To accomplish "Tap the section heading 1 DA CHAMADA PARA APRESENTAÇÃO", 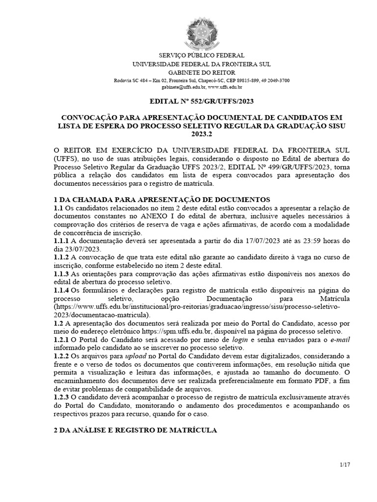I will (162, 200).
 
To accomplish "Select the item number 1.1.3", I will (61, 274).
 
